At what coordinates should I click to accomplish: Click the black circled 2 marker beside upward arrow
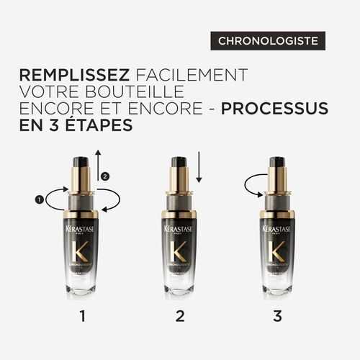coord(107,176)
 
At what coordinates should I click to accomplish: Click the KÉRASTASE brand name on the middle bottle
coord(180,228)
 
